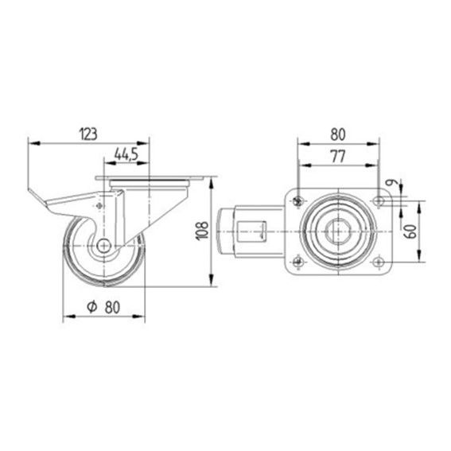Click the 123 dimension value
[x=88, y=134]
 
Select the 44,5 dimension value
[x=126, y=154]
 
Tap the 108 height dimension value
[x=202, y=231]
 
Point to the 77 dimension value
[x=338, y=157]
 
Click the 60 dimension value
[x=410, y=231]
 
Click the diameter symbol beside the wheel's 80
[x=92, y=307]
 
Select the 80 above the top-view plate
[x=338, y=134]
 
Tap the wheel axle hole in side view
[x=104, y=246]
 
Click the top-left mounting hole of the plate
[x=298, y=201]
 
